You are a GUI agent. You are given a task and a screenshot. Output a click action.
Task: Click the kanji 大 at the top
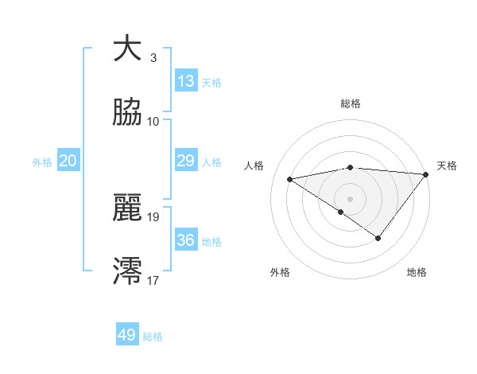(x=128, y=49)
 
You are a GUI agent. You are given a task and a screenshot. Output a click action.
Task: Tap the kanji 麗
(x=128, y=208)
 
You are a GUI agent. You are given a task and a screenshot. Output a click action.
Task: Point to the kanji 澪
(x=128, y=271)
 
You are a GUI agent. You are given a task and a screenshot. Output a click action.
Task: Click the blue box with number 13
(x=186, y=81)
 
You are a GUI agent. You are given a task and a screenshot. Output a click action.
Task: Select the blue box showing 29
(x=186, y=161)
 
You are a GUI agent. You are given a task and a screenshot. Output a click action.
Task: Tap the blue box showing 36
(x=186, y=240)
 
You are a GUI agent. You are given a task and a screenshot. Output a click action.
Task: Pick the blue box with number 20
(x=68, y=161)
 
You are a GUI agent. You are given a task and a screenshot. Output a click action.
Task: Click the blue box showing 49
(x=127, y=335)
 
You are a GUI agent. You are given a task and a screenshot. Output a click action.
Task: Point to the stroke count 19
(x=153, y=216)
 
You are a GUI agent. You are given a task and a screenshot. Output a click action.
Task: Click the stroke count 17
(x=153, y=279)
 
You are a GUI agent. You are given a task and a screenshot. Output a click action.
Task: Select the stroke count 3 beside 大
(x=153, y=57)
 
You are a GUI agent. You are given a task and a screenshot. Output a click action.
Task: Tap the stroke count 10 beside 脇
(x=153, y=121)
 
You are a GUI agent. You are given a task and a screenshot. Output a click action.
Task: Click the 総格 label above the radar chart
(x=351, y=103)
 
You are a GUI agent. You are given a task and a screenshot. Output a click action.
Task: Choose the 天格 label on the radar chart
(x=447, y=166)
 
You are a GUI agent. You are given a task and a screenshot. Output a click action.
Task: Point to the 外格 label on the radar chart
(x=280, y=272)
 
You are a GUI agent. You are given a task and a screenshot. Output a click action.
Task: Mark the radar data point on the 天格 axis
(x=425, y=174)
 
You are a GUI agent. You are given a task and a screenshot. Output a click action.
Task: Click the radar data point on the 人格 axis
(x=290, y=178)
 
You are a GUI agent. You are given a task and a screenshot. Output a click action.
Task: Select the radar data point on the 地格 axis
(x=378, y=238)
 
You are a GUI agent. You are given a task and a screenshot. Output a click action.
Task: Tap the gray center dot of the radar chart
(x=351, y=198)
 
